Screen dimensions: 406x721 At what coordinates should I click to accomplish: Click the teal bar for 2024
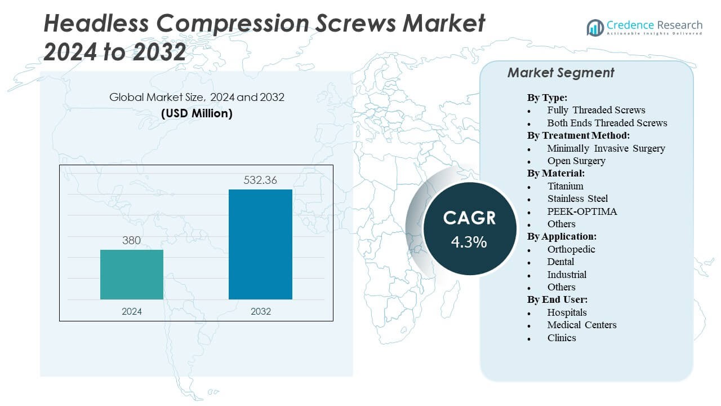point(132,275)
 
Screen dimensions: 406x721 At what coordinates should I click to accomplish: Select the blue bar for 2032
point(260,244)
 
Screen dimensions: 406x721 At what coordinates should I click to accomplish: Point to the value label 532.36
point(260,180)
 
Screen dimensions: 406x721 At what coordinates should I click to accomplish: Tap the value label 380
point(132,241)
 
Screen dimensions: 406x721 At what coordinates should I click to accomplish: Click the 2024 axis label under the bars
point(132,311)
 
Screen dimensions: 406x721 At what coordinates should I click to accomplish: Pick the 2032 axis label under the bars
point(260,311)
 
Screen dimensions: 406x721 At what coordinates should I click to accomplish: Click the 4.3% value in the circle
point(469,242)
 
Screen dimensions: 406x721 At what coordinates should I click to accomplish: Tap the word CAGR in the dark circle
point(469,218)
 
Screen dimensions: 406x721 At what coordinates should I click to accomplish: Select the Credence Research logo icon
point(595,27)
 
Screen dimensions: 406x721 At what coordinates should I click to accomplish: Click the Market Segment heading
point(560,73)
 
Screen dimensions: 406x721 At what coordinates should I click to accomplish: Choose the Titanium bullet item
point(565,186)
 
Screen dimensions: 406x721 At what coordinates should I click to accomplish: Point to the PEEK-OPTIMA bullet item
point(582,211)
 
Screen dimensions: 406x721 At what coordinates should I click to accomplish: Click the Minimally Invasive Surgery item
point(606,148)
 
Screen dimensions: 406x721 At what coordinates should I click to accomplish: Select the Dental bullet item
point(560,262)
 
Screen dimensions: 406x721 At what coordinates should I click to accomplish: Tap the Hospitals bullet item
point(567,312)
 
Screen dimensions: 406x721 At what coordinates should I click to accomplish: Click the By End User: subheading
point(557,299)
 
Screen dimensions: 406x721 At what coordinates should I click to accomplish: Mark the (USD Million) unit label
point(197,113)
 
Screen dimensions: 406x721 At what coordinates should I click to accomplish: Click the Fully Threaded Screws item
point(596,110)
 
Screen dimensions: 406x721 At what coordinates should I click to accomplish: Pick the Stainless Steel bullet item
point(577,198)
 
